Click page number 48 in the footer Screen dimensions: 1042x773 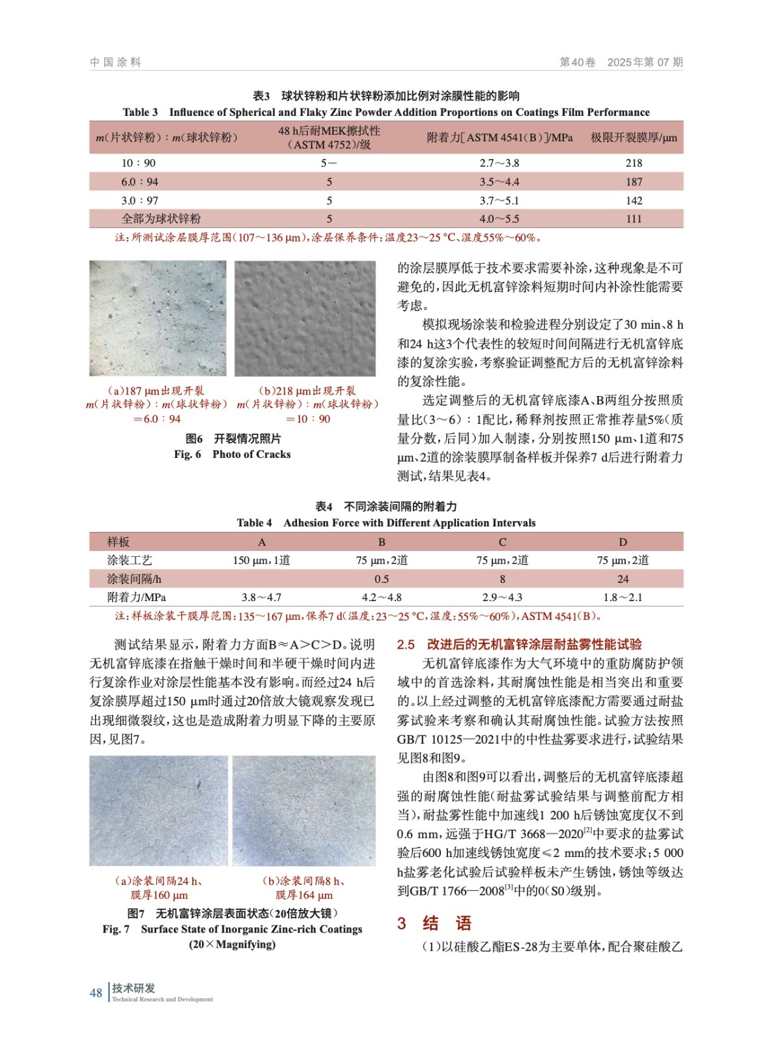[x=96, y=993]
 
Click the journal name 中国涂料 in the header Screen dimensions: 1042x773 [x=115, y=63]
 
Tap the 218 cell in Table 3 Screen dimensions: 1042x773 [x=633, y=163]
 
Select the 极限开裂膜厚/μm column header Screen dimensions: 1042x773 [x=633, y=137]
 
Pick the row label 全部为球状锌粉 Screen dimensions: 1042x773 [x=161, y=219]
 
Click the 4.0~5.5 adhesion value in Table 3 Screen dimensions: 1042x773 [x=499, y=219]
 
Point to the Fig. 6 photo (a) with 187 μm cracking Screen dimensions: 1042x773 [x=158, y=318]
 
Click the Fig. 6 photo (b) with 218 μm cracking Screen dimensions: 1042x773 [x=305, y=318]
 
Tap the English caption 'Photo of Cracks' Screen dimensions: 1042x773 [x=251, y=454]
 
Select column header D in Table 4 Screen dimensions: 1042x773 [x=623, y=542]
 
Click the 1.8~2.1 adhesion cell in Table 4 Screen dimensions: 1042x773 [x=623, y=597]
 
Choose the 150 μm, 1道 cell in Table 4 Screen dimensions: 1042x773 [x=261, y=560]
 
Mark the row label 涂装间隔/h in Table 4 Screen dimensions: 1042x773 [x=134, y=579]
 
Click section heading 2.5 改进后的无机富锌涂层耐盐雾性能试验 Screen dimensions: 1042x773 [x=519, y=644]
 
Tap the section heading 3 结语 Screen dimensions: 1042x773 [x=434, y=923]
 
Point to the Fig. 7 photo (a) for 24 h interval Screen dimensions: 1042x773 [x=158, y=810]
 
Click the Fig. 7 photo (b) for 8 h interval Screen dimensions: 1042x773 [x=303, y=810]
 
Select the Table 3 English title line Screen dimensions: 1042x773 [x=386, y=112]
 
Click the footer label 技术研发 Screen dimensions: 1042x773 [x=134, y=988]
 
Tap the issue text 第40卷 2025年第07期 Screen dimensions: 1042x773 [x=621, y=63]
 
